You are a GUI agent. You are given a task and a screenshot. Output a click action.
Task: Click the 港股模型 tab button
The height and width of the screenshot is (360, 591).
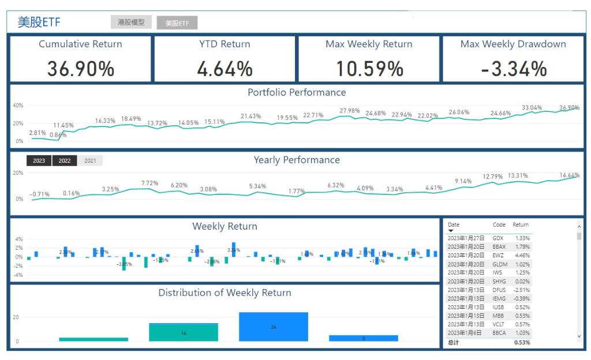pos(132,22)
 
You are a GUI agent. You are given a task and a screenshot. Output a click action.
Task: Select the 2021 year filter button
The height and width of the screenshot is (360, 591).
pos(90,161)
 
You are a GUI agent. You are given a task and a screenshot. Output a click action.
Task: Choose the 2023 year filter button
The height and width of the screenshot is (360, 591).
pos(39,161)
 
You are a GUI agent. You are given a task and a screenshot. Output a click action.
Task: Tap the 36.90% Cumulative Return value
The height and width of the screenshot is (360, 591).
pos(81,69)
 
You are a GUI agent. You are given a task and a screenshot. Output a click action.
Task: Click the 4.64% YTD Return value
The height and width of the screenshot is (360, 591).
pos(225,69)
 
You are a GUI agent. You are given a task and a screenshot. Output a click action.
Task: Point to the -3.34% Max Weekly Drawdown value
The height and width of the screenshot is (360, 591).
pos(513,69)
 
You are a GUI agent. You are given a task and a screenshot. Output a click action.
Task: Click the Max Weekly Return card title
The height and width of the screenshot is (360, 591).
pos(369,44)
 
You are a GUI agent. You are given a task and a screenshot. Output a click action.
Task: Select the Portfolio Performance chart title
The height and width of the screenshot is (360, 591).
pos(297,92)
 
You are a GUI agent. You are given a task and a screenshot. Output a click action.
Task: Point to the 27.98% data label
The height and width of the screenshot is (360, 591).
pos(350,111)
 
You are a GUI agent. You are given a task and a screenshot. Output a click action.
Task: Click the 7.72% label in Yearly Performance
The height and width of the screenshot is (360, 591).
pos(149,183)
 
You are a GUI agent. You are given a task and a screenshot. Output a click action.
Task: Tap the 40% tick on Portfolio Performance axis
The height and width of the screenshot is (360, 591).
pos(18,106)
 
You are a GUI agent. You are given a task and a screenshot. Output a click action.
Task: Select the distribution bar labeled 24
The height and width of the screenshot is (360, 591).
pos(274,327)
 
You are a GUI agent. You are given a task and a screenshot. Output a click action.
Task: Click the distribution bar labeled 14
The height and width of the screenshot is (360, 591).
pos(184,333)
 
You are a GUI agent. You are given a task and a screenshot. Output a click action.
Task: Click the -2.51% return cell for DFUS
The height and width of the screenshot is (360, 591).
pos(521,290)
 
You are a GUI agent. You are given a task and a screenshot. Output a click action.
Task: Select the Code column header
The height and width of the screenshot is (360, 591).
pos(499,224)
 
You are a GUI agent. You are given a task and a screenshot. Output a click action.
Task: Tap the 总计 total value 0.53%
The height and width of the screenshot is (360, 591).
pos(522,343)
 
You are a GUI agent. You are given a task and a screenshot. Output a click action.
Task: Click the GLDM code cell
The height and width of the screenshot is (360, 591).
pos(500,264)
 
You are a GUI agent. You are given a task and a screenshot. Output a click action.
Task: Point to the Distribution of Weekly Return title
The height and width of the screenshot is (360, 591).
pos(225,293)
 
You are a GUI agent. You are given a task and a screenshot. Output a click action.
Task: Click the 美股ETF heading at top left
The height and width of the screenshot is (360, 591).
pos(39,22)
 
